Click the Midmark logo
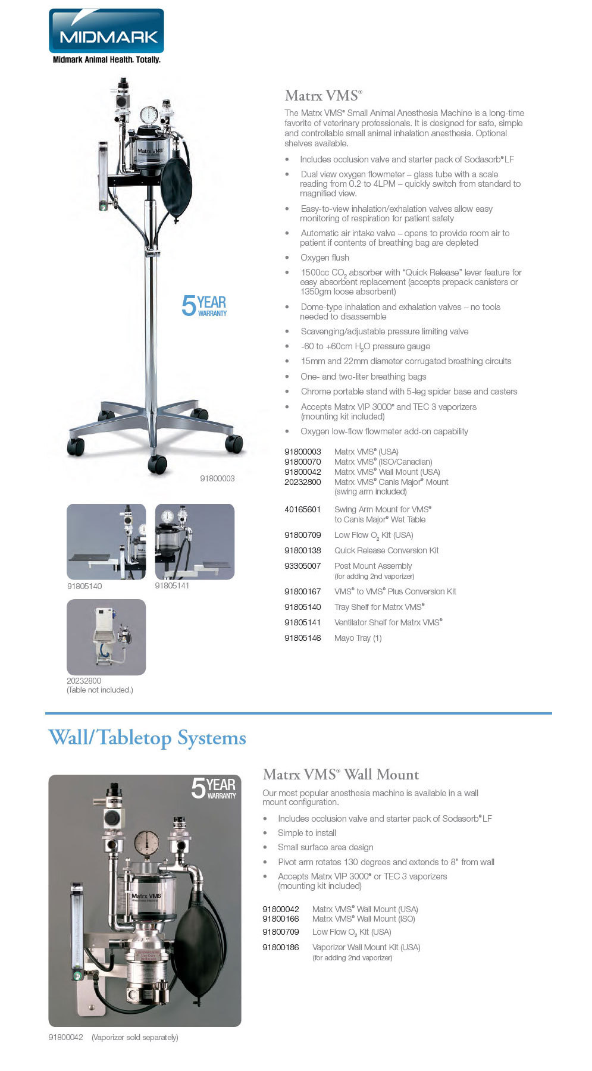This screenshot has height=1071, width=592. [106, 36]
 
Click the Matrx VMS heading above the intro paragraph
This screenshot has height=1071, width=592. [323, 95]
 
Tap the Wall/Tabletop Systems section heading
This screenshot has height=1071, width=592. [147, 738]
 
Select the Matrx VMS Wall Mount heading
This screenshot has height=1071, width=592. [341, 774]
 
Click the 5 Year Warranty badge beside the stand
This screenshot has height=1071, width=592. [204, 306]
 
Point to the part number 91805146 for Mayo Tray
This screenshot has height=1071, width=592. [303, 638]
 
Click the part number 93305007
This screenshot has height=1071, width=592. [303, 566]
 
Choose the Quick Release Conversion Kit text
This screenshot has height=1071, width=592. [386, 550]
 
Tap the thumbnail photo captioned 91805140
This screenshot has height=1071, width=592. [106, 541]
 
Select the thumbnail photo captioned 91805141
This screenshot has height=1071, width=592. [195, 541]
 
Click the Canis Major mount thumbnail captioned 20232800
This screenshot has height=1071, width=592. [106, 637]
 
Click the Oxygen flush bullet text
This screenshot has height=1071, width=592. [325, 258]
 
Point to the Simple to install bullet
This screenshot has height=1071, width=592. [307, 833]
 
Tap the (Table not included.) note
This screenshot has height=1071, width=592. [100, 690]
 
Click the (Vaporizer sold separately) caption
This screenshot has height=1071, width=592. [135, 1037]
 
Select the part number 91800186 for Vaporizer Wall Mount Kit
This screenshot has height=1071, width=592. [281, 947]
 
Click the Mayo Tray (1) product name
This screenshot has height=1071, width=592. [358, 638]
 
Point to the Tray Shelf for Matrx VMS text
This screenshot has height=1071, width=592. [380, 607]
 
